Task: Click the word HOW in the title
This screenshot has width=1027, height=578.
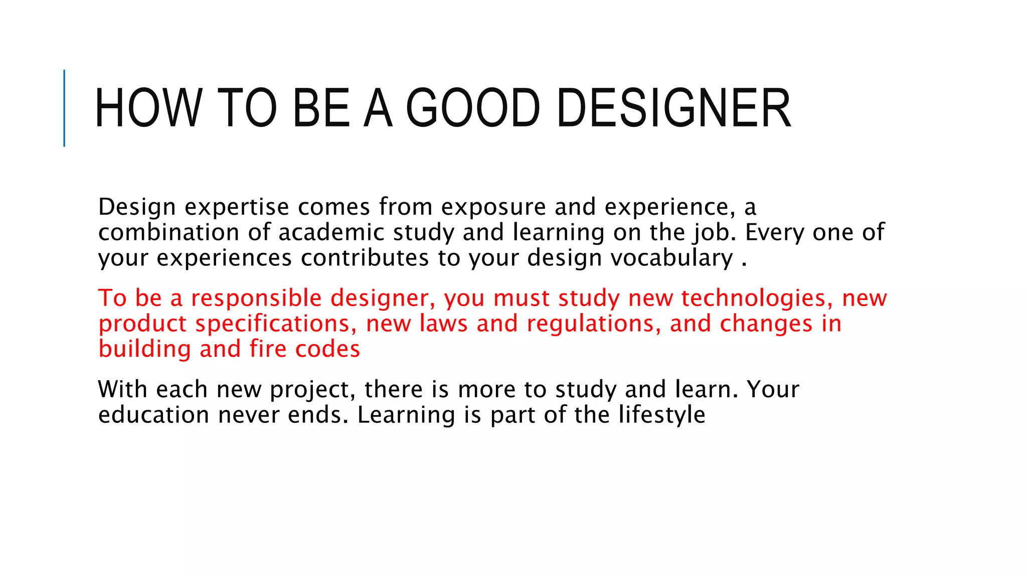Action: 148,108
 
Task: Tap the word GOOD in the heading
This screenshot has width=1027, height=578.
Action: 473,108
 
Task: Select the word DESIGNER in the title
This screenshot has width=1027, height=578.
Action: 673,108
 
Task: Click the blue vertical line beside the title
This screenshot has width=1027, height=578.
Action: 64,108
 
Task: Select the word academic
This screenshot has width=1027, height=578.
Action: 331,232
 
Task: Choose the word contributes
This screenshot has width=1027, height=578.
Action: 365,258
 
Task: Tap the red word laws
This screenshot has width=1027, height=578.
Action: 443,324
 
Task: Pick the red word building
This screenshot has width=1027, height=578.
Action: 144,349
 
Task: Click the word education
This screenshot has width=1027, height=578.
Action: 153,415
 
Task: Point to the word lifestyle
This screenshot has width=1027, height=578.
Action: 661,415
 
